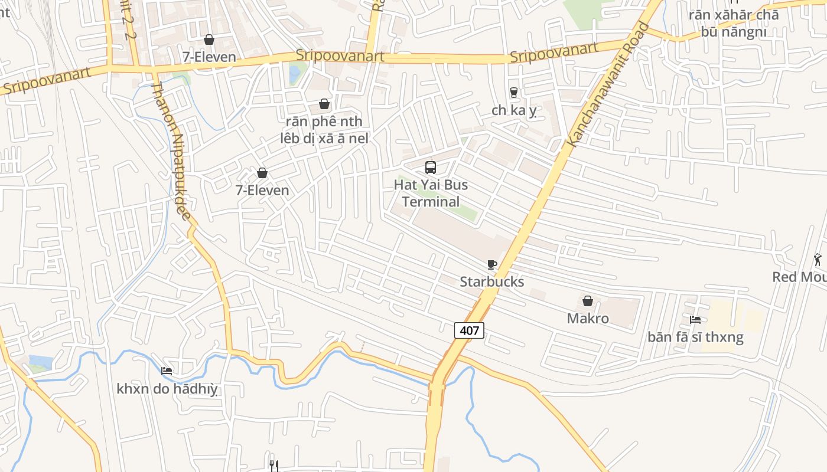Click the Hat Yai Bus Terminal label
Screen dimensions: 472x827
tap(431, 194)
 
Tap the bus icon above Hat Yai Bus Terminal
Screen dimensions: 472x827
tap(431, 167)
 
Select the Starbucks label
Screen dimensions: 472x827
tap(491, 281)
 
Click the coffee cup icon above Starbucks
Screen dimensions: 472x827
tap(491, 264)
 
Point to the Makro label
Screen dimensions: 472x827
tap(588, 319)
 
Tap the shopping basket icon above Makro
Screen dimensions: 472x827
tap(588, 301)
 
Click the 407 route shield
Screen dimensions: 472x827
tap(469, 330)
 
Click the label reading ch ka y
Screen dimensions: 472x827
tap(513, 110)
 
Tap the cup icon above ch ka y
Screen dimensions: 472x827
tap(513, 93)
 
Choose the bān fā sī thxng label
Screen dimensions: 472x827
tap(695, 337)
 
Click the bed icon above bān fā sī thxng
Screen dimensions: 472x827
tap(695, 320)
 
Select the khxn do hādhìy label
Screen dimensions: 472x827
tap(167, 389)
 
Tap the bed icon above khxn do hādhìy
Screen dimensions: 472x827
tap(167, 371)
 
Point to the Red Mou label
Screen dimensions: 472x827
tap(800, 277)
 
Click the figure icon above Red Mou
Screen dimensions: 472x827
tap(818, 260)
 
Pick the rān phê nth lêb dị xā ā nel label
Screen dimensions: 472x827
tap(324, 130)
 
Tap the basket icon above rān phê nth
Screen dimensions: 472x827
tap(324, 104)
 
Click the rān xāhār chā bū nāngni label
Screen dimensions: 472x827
tap(734, 23)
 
